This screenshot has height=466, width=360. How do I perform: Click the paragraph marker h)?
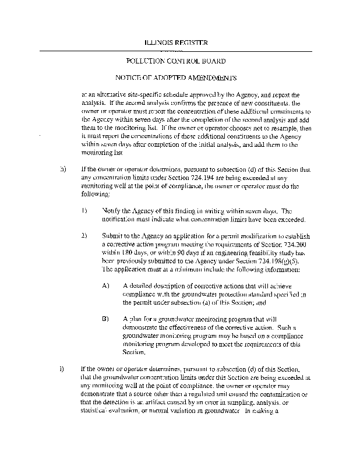point(62,170)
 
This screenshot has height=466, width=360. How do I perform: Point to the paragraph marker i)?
point(62,369)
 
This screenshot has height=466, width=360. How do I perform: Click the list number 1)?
point(84,211)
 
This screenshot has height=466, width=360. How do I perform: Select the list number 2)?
point(84,236)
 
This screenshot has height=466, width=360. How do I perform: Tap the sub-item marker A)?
point(105,287)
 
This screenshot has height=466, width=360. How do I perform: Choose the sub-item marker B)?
point(105,319)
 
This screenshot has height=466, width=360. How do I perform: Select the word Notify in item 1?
point(111,211)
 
